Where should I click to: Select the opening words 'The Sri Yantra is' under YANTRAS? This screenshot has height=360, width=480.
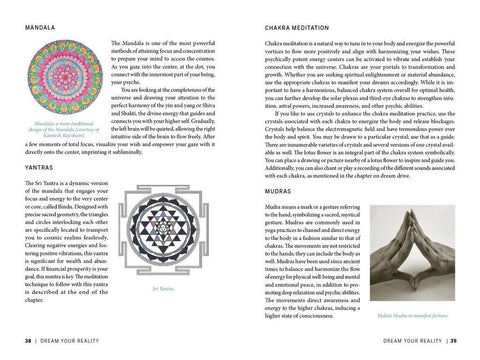point(45,215)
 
